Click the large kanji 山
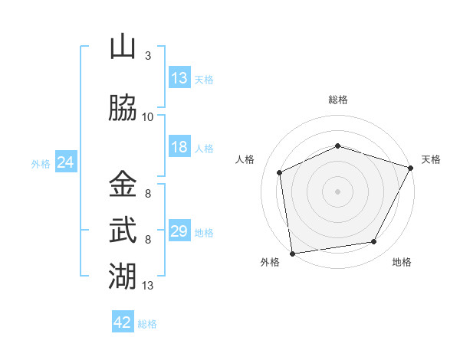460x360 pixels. coord(123,46)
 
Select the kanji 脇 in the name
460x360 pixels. coord(123,107)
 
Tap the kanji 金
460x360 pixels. coord(123,184)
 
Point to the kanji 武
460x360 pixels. coord(123,230)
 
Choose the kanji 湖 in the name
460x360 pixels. coord(123,276)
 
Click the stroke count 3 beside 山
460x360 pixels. coord(148,56)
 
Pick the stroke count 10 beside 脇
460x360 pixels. coord(147,117)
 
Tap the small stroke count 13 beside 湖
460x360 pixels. coord(147,286)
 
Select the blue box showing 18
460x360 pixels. coord(180,146)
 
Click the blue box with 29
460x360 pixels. coord(180,230)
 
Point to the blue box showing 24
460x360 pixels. coord(66,162)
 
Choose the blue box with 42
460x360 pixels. coord(123,321)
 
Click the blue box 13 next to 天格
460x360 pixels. coord(180,77)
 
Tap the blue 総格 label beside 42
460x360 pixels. coord(147,324)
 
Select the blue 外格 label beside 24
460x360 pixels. coord(41,164)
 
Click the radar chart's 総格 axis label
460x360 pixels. coord(338,100)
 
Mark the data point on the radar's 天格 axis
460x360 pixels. coord(411,168)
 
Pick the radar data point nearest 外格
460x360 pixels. coord(293,254)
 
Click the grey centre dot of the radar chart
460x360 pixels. coord(337,191)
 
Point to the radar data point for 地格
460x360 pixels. coord(374,241)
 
